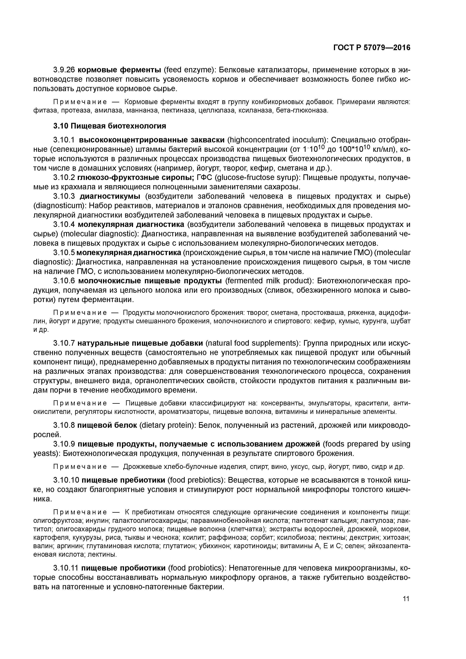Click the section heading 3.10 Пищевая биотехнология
(x=110, y=126)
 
